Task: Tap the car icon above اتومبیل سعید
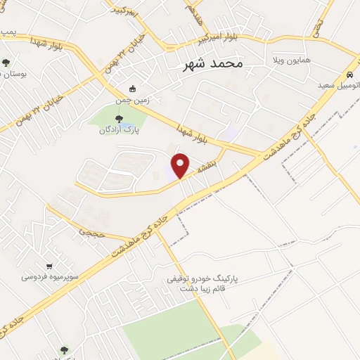[x=349, y=75]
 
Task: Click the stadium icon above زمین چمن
[x=133, y=89]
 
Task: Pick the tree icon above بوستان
[x=6, y=63]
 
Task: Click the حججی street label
[x=91, y=230]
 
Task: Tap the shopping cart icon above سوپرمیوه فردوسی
[x=49, y=266]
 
